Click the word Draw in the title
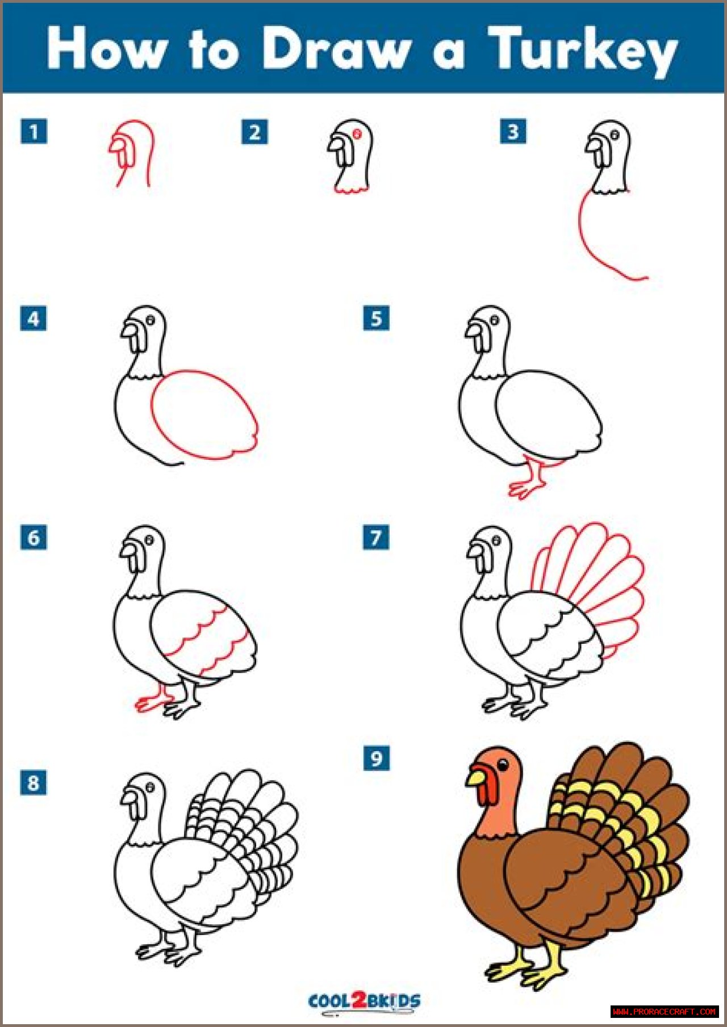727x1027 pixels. tap(336, 48)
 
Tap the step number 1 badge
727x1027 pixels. tap(34, 132)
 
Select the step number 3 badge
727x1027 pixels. tap(513, 132)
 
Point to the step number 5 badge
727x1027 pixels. tap(376, 318)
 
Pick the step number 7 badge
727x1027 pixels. tap(376, 537)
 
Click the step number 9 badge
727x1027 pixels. tap(376, 758)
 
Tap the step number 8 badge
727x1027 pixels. tap(34, 783)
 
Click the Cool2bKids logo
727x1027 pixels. tap(364, 1000)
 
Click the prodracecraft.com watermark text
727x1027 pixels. tap(665, 1012)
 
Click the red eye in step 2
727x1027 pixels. tap(358, 134)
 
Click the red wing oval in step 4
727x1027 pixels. tap(152, 414)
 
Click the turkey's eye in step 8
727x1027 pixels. tap(151, 787)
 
